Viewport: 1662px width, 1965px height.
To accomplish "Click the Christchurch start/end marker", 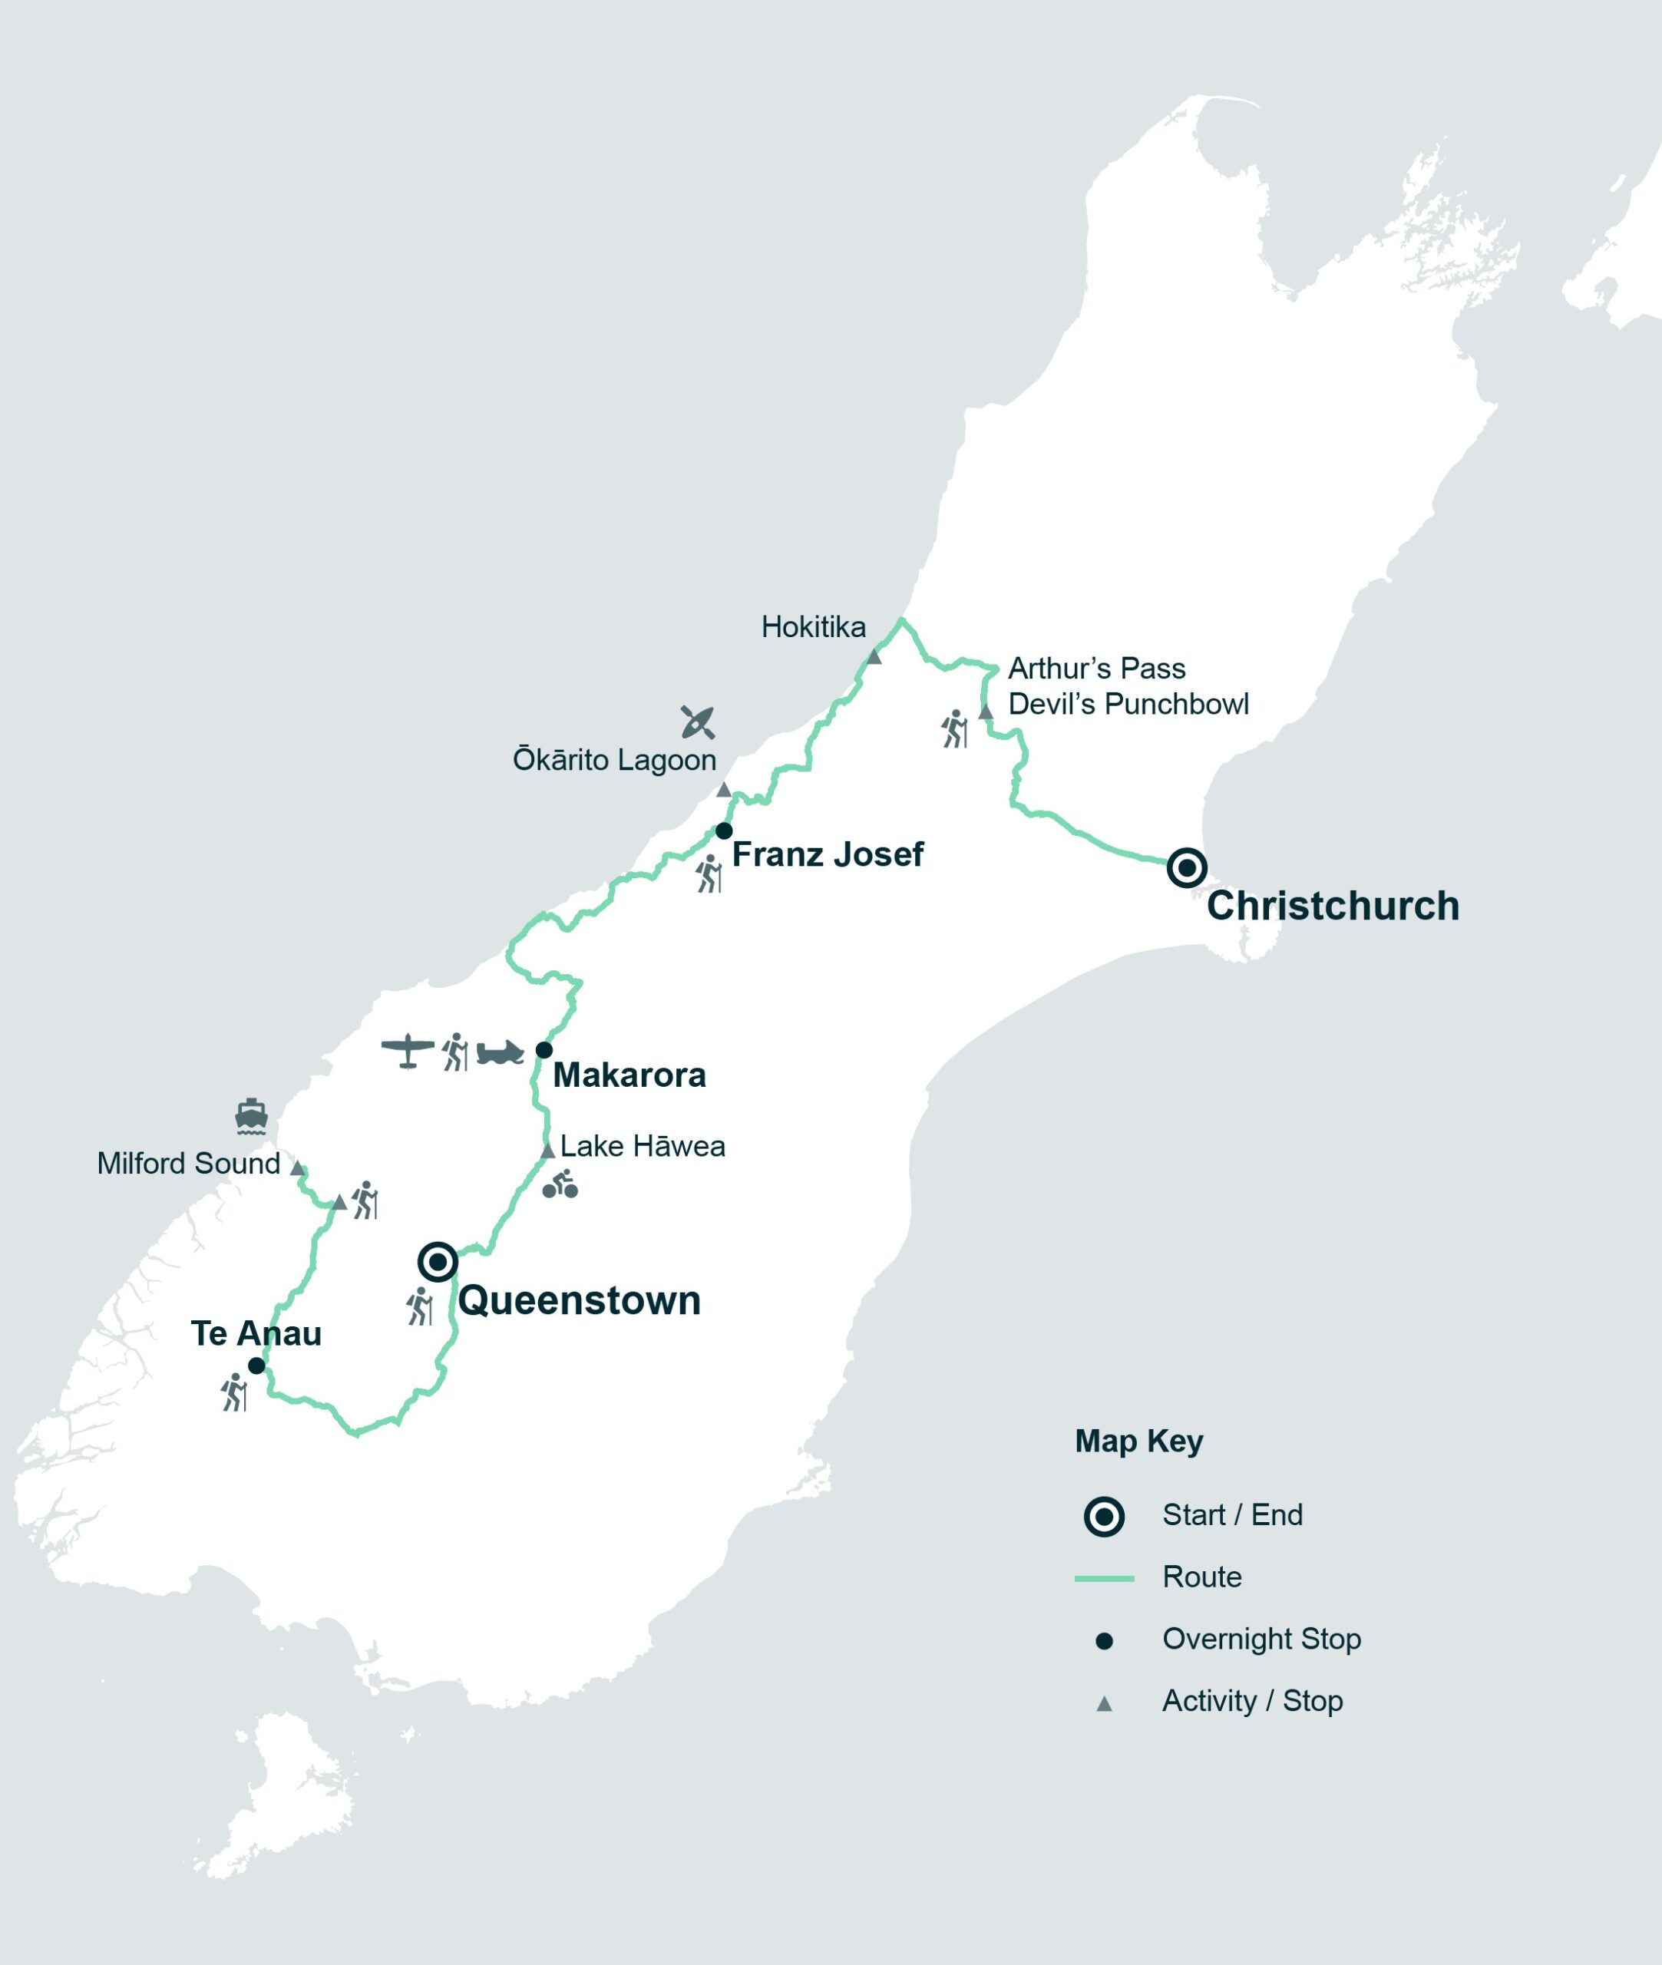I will [1186, 867].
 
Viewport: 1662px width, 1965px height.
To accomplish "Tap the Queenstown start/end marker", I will [437, 1260].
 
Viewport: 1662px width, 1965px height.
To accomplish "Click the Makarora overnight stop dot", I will [544, 1049].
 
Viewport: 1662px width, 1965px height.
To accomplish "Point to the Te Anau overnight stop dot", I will [256, 1365].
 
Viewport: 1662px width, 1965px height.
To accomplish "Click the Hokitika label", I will [812, 626].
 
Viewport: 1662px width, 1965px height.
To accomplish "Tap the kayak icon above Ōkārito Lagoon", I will [697, 722].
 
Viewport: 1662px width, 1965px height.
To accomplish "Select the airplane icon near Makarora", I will [407, 1050].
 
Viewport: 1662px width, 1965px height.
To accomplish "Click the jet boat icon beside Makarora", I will [499, 1052].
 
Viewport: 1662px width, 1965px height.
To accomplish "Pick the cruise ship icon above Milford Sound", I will [252, 1115].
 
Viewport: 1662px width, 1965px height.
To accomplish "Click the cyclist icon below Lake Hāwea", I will [560, 1184].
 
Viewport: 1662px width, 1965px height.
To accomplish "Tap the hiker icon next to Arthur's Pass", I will [954, 729].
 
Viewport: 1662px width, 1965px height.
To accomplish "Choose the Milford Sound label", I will [188, 1164].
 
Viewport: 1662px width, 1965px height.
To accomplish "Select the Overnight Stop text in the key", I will [1261, 1638].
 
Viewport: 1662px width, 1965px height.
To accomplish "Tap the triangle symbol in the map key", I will [1103, 1703].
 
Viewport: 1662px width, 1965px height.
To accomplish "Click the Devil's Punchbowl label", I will [1128, 704].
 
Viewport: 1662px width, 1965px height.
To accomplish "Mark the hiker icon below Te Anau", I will [233, 1392].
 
